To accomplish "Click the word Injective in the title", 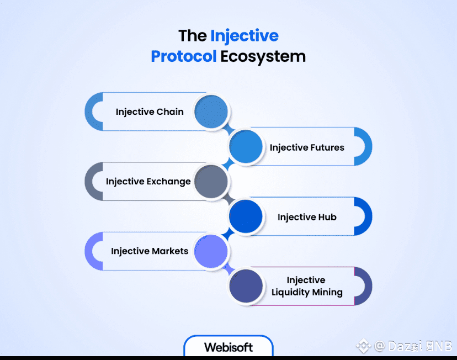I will coord(244,36).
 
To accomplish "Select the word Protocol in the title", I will coord(183,56).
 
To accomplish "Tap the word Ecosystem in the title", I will coord(263,56).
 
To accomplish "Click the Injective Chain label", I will coord(150,112).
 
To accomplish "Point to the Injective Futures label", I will coord(307,147).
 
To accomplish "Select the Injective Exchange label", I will coord(148,181).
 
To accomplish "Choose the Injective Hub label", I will coord(307,217).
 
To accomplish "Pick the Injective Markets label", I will coord(150,251).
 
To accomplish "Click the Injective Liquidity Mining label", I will coord(307,286).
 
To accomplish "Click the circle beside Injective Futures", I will coord(246,147).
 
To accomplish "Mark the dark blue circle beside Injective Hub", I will coord(246,216).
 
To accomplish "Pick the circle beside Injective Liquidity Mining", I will coord(246,286).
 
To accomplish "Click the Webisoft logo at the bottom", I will coord(228,347).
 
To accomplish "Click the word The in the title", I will coord(192,36).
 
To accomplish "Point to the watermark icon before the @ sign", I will coord(363,346).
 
